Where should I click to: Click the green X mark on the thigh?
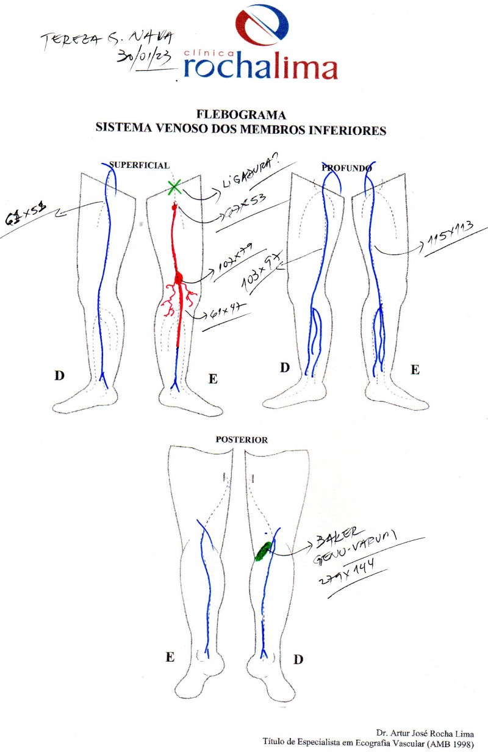point(174,187)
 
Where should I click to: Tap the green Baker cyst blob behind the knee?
point(264,551)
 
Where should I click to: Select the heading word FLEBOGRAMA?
point(241,114)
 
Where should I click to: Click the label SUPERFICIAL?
point(139,165)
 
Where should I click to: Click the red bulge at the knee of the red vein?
point(179,278)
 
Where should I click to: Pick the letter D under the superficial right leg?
point(59,375)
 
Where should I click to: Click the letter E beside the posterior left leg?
point(170,657)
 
